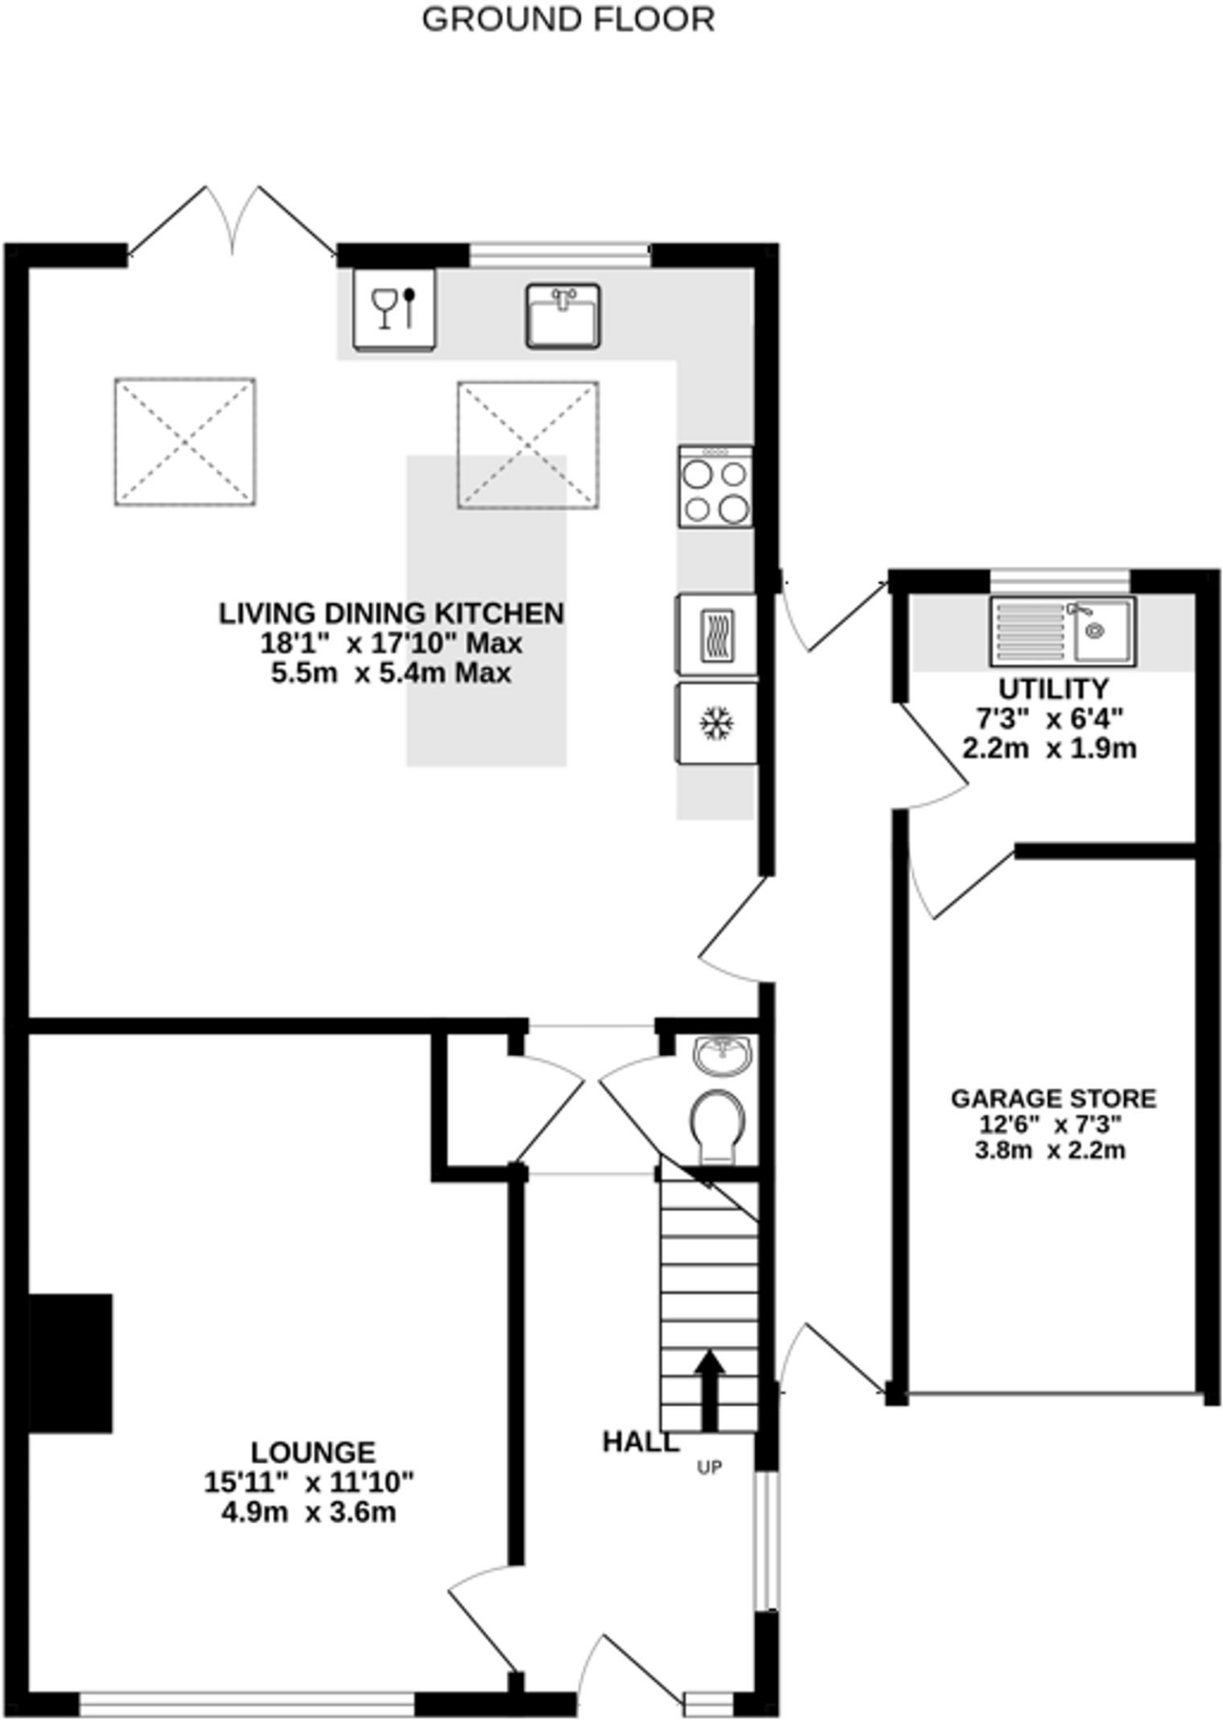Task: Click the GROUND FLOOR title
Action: (567, 19)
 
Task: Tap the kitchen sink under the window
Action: (563, 316)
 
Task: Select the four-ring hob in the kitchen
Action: (715, 486)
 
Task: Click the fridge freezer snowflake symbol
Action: (716, 723)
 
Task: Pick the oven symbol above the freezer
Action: (716, 635)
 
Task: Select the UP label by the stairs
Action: (709, 1468)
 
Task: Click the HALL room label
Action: (640, 1442)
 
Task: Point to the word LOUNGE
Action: (313, 1452)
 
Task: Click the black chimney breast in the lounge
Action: (71, 1363)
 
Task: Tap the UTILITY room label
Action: (1053, 689)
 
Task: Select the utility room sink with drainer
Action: (1063, 631)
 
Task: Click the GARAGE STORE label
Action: (1053, 1099)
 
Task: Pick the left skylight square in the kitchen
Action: (185, 442)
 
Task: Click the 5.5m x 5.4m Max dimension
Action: (391, 674)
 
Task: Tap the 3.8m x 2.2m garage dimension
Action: (1050, 1150)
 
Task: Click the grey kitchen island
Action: (487, 611)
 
